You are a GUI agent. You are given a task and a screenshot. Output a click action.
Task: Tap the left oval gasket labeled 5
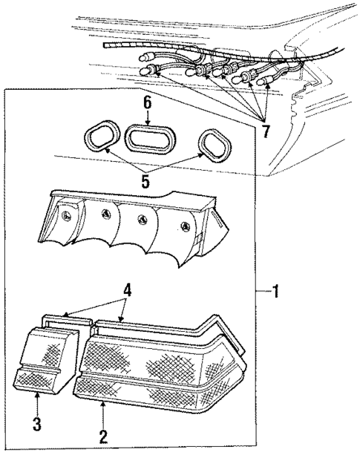tap(97, 139)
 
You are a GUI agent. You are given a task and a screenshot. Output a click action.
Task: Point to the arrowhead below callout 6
tap(147, 122)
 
